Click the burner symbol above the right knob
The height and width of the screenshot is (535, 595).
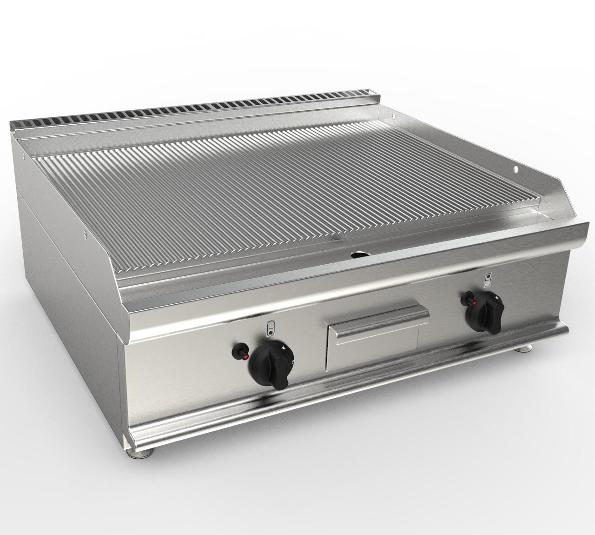pos(487,280)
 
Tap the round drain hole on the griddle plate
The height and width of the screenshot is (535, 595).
pos(358,255)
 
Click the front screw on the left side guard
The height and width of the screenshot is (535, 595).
pos(86,235)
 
